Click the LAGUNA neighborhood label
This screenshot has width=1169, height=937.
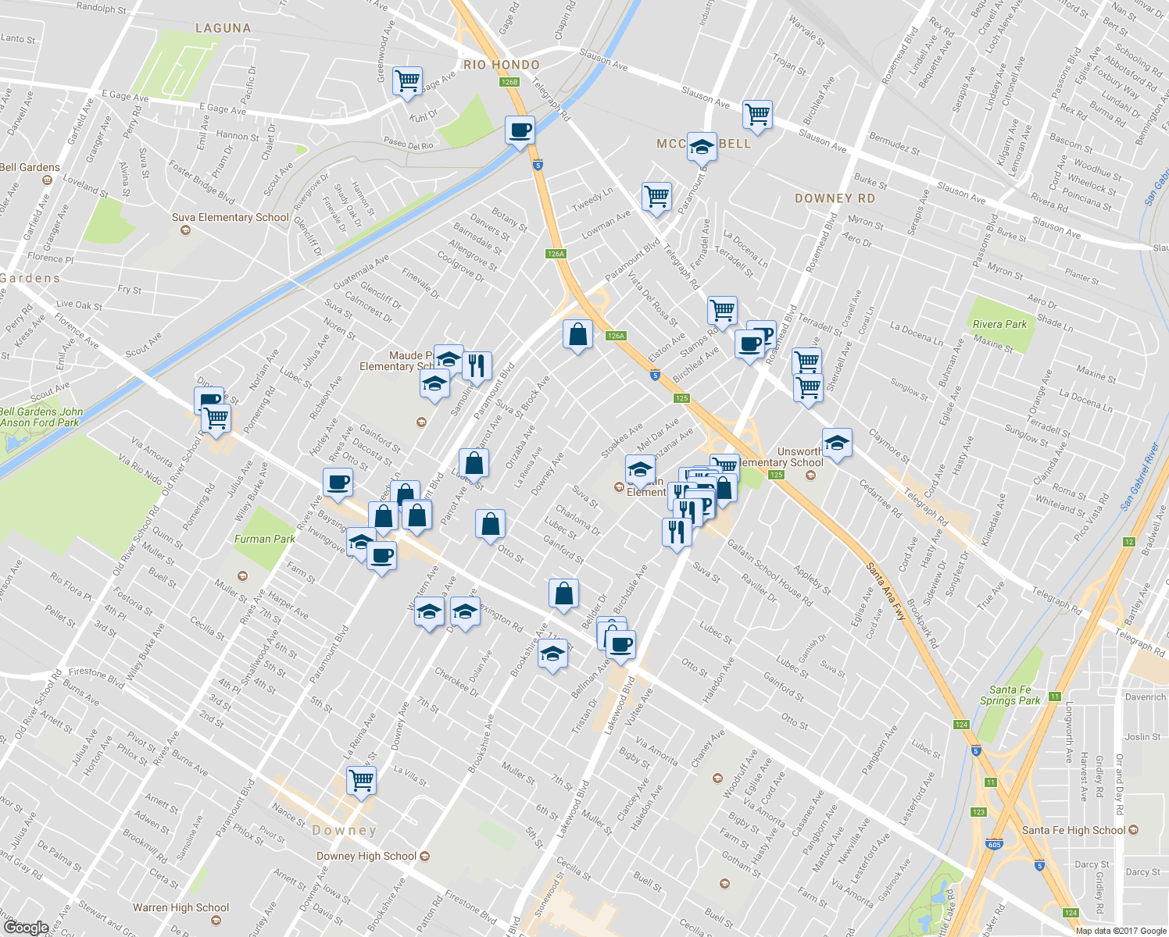click(x=223, y=28)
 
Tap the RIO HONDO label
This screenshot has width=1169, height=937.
click(x=502, y=65)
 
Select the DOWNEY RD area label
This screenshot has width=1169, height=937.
click(x=835, y=198)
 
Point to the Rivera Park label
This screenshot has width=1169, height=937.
click(x=999, y=324)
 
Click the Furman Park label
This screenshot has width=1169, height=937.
click(x=265, y=539)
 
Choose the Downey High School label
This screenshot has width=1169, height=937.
click(x=367, y=856)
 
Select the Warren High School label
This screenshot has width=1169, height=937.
click(x=181, y=907)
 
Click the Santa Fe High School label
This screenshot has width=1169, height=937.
click(x=1074, y=830)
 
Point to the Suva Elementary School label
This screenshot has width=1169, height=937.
click(x=231, y=217)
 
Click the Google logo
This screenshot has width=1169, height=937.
click(x=26, y=928)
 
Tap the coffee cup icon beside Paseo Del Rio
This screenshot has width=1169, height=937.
click(x=520, y=130)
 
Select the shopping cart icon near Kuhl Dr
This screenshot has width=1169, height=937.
click(x=407, y=80)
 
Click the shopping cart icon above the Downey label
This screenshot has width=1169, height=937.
click(x=361, y=779)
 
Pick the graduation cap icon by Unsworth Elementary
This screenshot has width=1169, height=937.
click(x=837, y=444)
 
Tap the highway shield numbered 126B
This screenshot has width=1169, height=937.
click(x=509, y=81)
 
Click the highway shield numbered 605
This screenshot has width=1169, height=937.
click(x=995, y=845)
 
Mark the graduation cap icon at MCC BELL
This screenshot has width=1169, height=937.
click(x=702, y=146)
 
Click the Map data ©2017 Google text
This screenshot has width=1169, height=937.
click(x=1120, y=931)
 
